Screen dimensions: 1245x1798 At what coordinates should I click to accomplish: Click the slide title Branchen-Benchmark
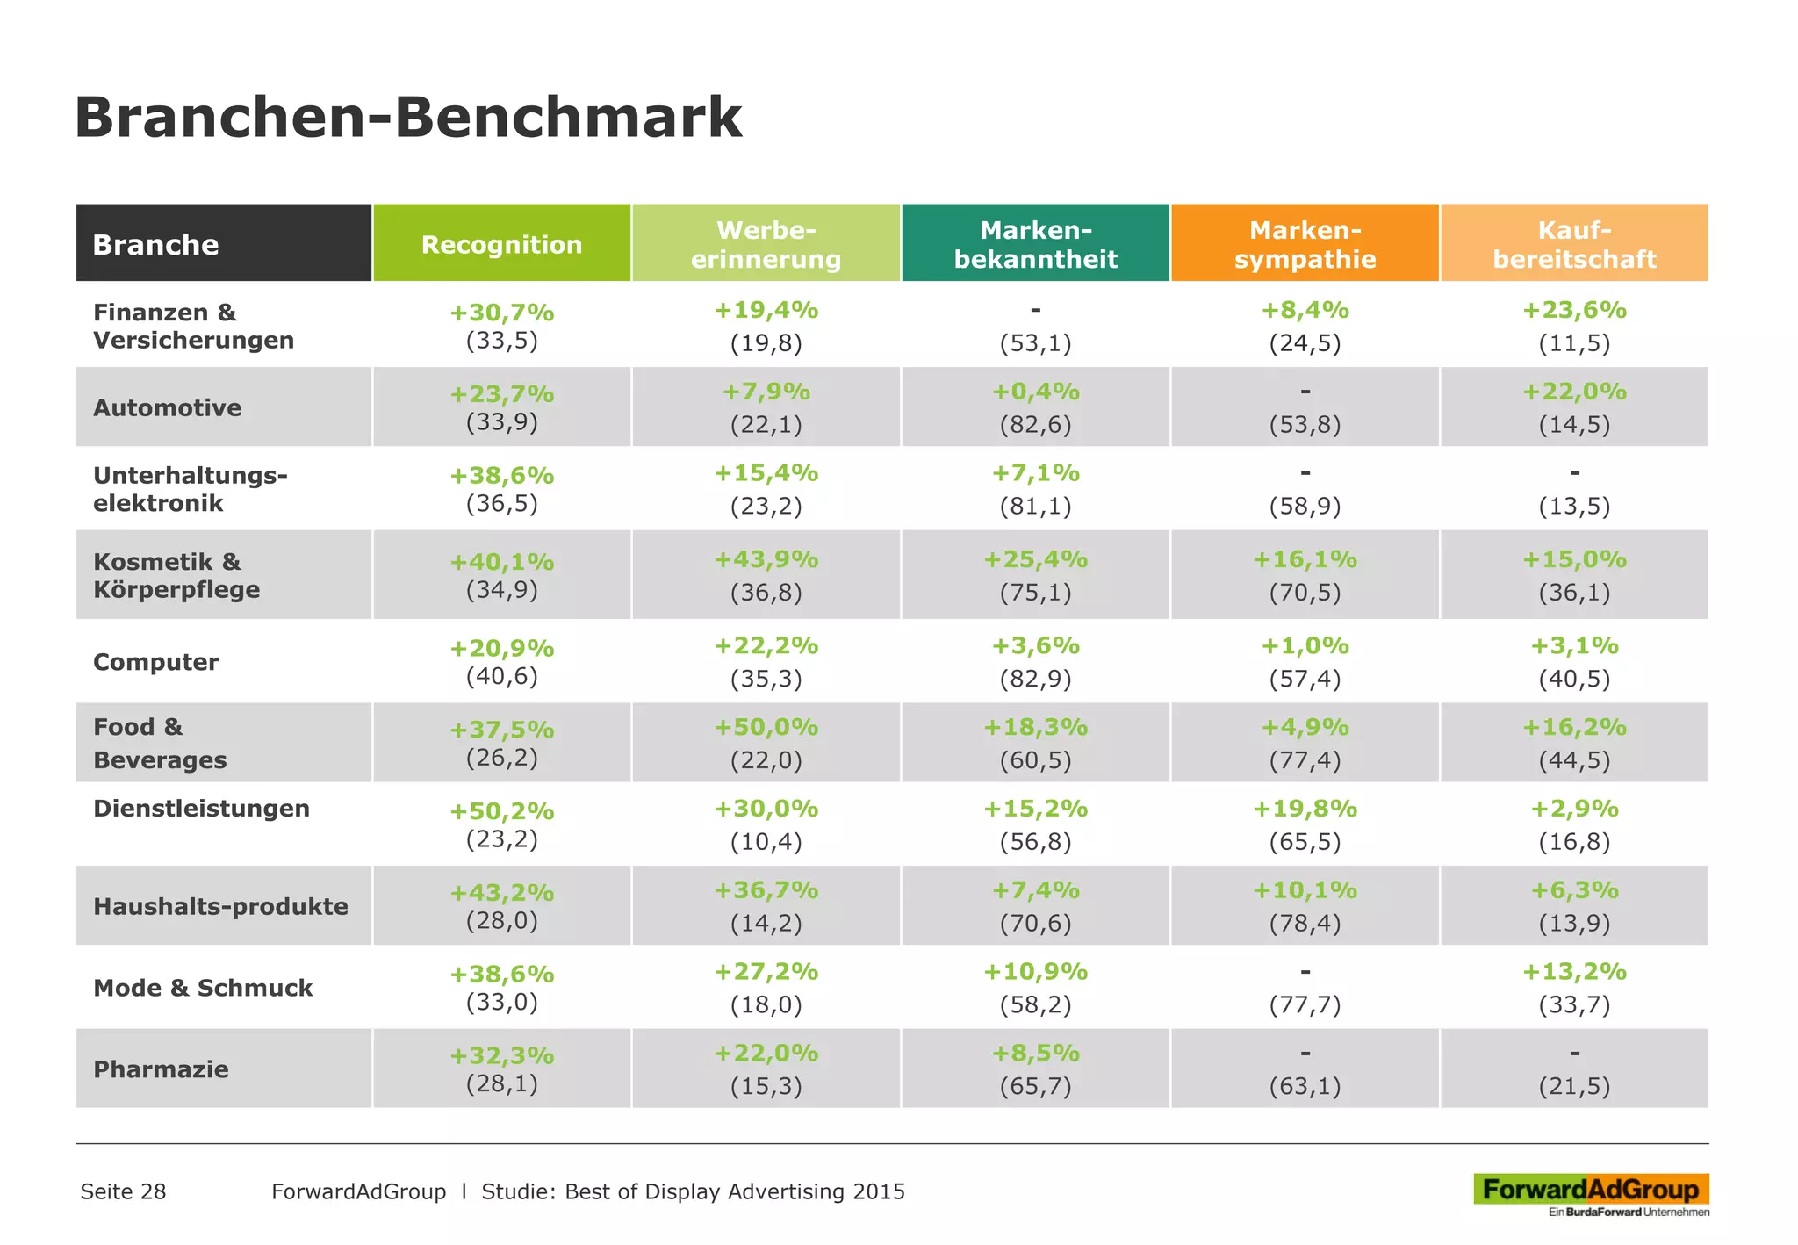pyautogui.click(x=408, y=117)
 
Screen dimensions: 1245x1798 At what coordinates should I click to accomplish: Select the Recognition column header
pyautogui.click(x=501, y=244)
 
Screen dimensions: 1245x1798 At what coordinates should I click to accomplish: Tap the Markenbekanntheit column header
pyautogui.click(x=1035, y=244)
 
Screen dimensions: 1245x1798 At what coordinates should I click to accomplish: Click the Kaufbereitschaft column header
pyautogui.click(x=1574, y=244)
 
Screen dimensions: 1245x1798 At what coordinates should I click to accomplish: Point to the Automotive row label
pyautogui.click(x=167, y=407)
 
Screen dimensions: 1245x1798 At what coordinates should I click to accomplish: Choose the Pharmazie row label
pyautogui.click(x=161, y=1069)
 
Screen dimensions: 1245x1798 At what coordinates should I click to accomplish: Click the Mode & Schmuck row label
pyautogui.click(x=203, y=988)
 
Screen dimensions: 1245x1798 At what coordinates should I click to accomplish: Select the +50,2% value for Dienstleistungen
pyautogui.click(x=501, y=810)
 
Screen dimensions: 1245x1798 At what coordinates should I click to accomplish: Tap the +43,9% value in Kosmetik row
pyautogui.click(x=766, y=559)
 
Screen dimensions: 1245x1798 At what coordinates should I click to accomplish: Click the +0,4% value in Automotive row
pyautogui.click(x=1035, y=392)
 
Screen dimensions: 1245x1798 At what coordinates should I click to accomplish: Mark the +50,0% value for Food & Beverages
pyautogui.click(x=766, y=727)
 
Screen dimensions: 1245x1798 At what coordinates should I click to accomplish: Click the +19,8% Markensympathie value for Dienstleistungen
pyautogui.click(x=1305, y=809)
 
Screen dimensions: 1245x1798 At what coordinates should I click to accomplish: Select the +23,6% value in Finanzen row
pyautogui.click(x=1574, y=310)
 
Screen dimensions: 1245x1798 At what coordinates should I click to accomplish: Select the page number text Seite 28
pyautogui.click(x=123, y=1191)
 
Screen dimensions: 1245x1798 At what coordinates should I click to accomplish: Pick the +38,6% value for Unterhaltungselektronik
pyautogui.click(x=501, y=475)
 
